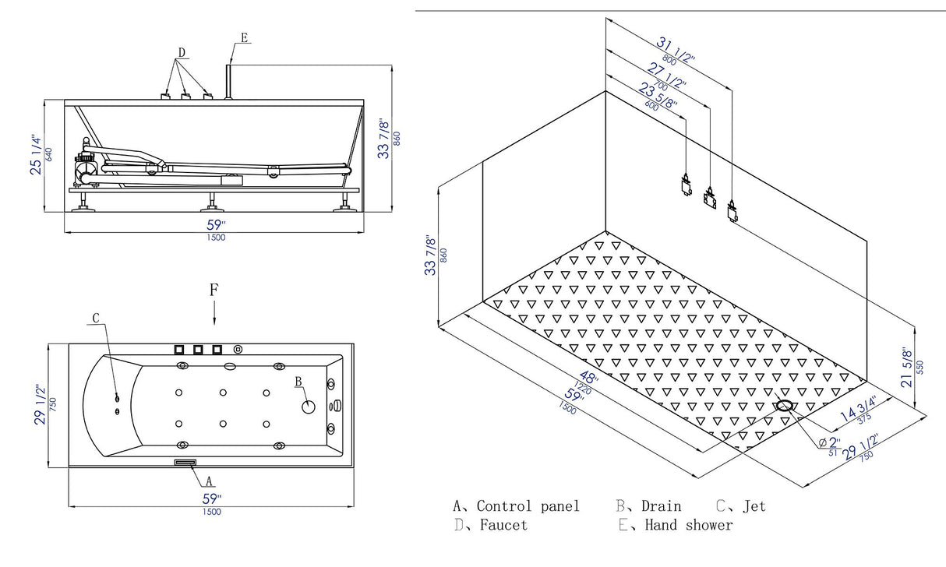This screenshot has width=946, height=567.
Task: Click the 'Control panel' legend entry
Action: (x=528, y=506)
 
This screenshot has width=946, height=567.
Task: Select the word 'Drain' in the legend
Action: (x=661, y=506)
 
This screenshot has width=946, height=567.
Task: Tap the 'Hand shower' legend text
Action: (x=688, y=525)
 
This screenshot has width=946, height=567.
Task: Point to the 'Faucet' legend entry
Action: (x=502, y=525)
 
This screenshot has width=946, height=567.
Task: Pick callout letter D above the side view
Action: (x=182, y=52)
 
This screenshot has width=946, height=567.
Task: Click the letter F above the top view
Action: (x=214, y=290)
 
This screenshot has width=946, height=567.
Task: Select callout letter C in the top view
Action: (x=96, y=318)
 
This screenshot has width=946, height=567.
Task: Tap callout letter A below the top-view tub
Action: (x=210, y=480)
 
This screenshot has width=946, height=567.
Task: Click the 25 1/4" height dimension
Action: (x=36, y=154)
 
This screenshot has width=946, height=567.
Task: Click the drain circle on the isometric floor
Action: (x=784, y=405)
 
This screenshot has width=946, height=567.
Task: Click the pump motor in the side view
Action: (x=84, y=164)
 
